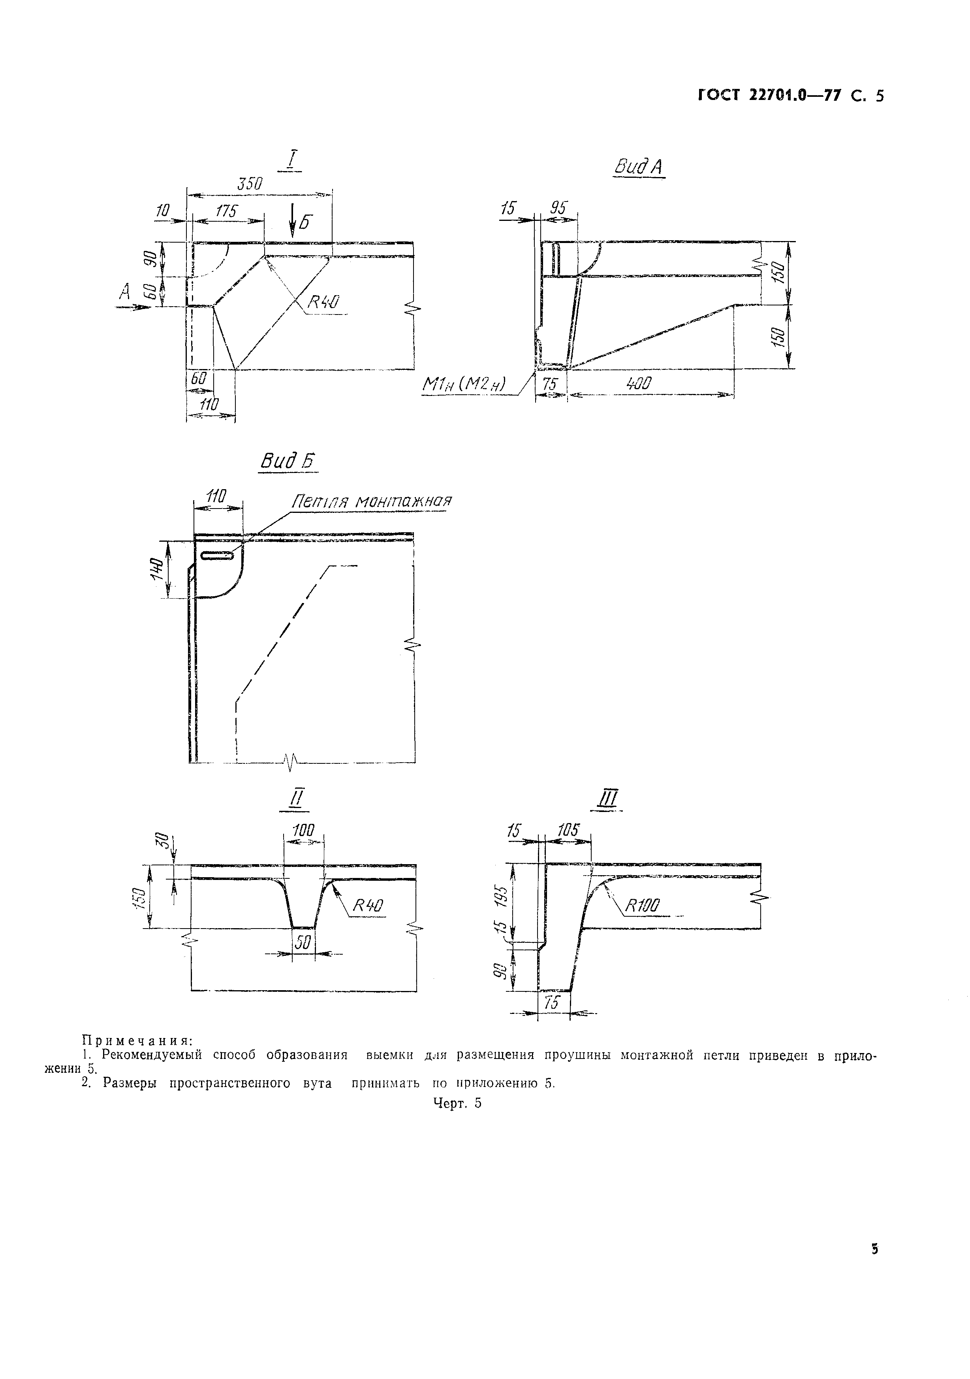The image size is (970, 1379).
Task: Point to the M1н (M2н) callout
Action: pos(466,384)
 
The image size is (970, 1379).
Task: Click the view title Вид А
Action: pos(637,166)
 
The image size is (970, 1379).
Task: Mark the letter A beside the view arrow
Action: pos(124,292)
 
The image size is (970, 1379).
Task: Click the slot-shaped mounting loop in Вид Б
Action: pos(217,557)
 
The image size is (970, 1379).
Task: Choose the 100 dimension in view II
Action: pos(304,831)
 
